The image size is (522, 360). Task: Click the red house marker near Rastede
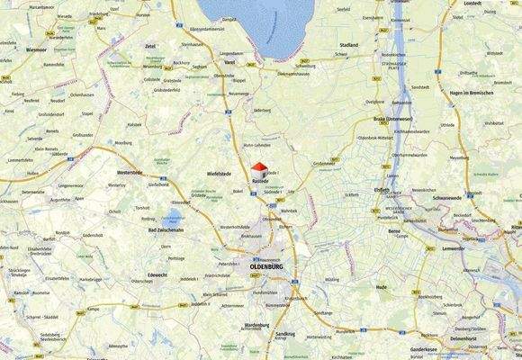258,169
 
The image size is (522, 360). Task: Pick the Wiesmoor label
36,50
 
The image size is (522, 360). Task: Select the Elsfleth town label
381,190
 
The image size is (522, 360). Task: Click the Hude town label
381,287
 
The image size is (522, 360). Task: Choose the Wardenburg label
256,325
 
